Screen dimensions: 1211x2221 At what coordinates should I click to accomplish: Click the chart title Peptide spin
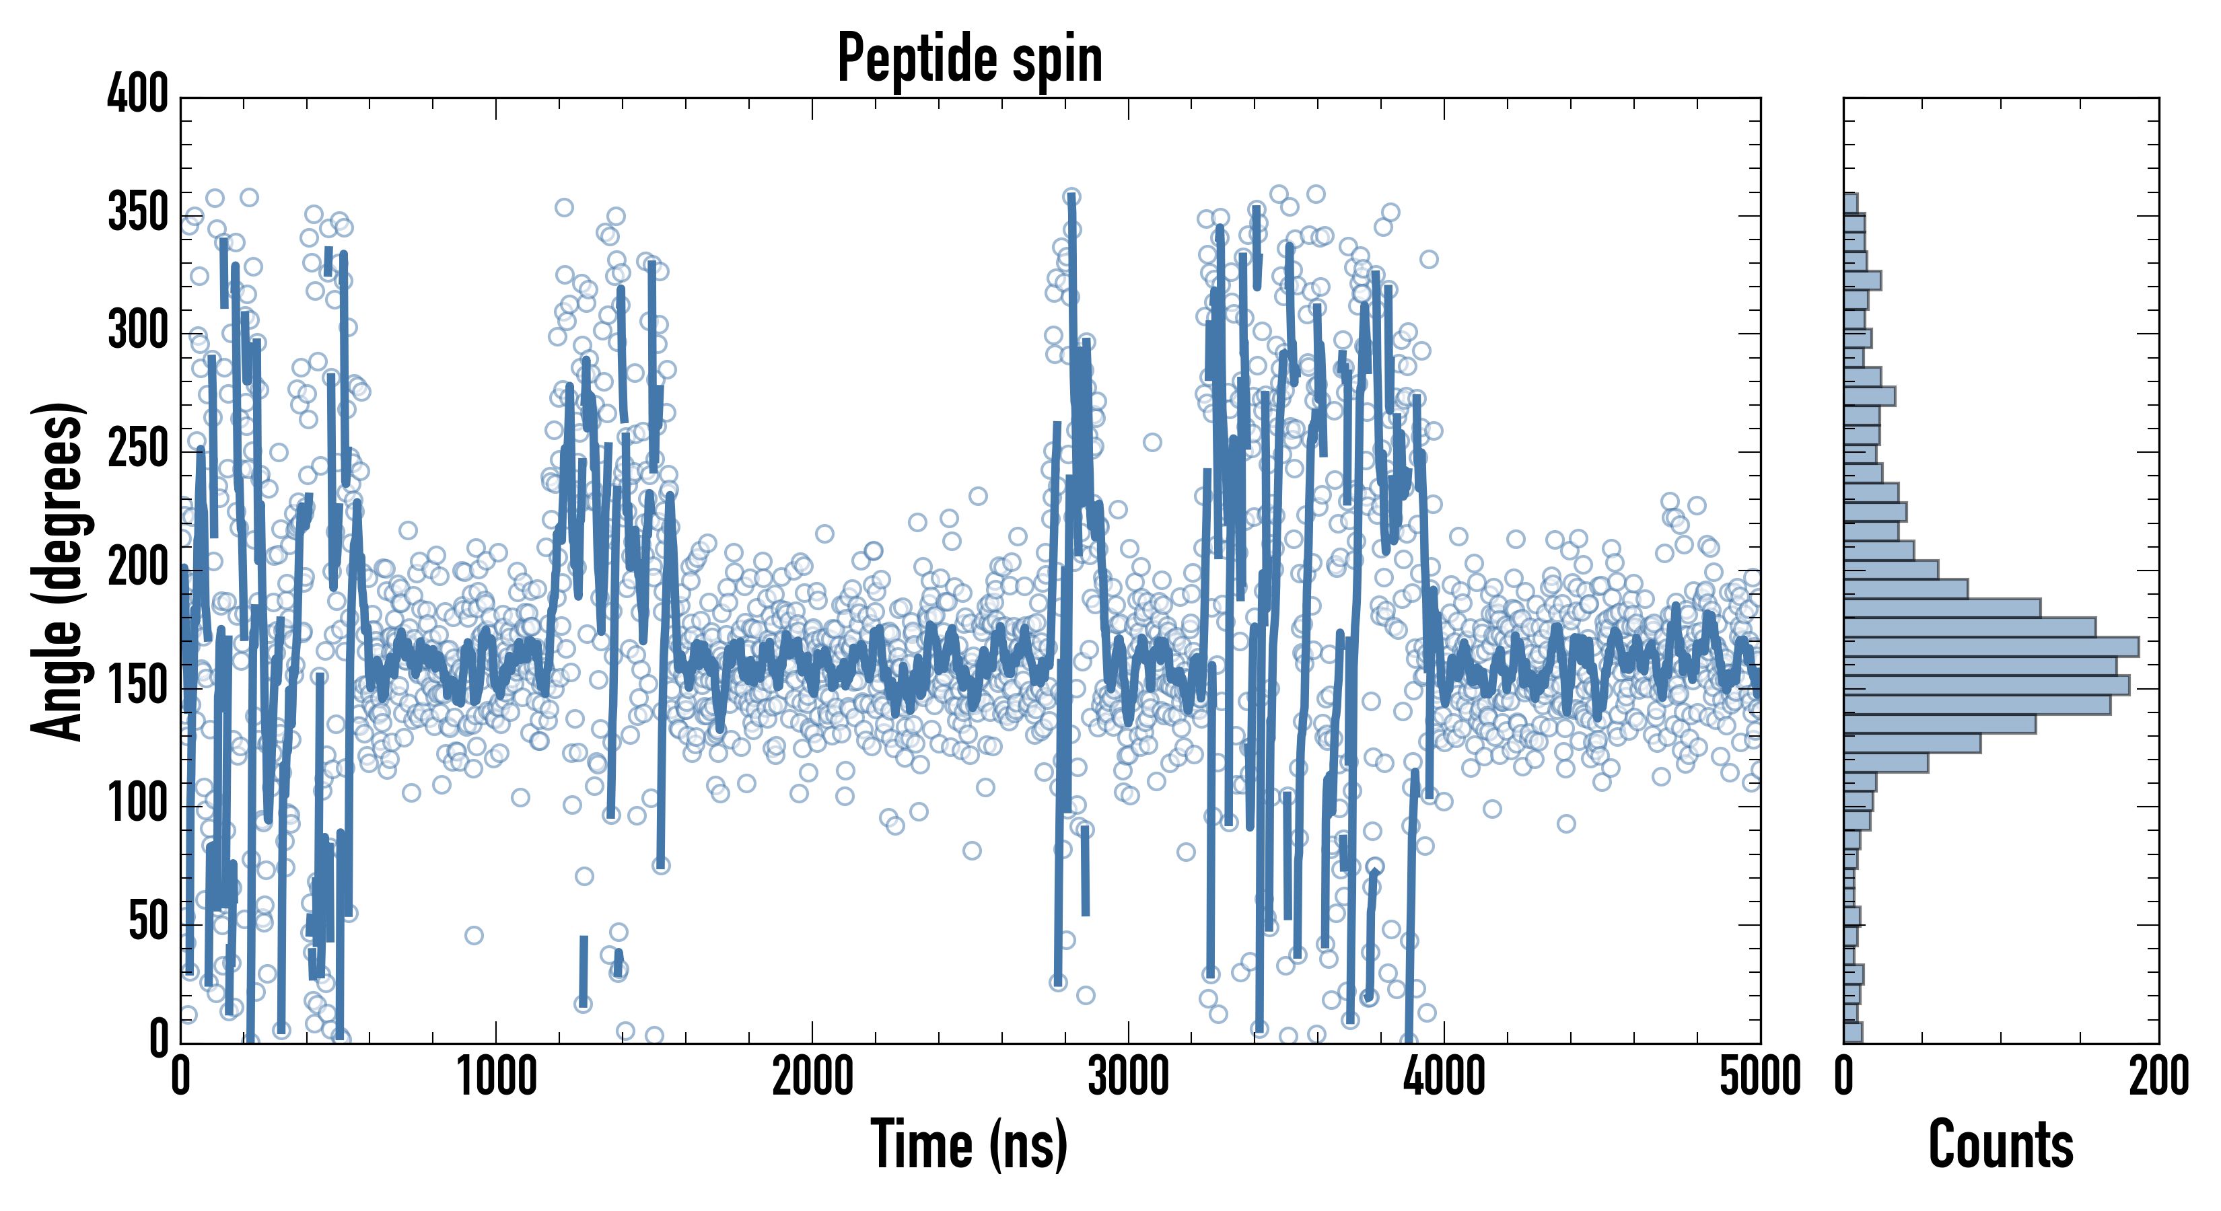click(x=970, y=59)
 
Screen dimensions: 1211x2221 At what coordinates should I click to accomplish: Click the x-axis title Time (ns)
click(x=970, y=1144)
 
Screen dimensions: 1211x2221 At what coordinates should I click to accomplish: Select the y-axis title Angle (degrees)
click(x=58, y=571)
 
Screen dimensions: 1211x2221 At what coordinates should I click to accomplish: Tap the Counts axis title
click(x=2000, y=1144)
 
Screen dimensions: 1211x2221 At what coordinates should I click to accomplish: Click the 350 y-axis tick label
click(x=138, y=212)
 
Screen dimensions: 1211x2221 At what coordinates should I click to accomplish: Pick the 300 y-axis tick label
click(x=138, y=330)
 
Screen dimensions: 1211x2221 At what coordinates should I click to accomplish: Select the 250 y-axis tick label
click(x=138, y=449)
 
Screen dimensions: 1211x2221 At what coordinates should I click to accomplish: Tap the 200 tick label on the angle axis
click(x=138, y=567)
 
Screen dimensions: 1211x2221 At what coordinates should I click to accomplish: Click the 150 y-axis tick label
click(x=138, y=686)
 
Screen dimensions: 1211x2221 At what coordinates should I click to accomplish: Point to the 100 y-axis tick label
click(x=138, y=804)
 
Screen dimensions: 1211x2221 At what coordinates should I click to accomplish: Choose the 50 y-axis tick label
click(x=147, y=922)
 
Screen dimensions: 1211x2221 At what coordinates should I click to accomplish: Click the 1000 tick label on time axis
click(x=497, y=1077)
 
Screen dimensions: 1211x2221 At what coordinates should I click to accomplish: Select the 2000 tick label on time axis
click(x=812, y=1077)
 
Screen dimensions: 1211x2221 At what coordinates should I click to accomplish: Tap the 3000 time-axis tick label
click(x=1128, y=1077)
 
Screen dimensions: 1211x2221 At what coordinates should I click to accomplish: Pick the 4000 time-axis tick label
click(x=1444, y=1077)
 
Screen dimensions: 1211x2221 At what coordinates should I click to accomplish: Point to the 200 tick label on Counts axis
click(x=2158, y=1077)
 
